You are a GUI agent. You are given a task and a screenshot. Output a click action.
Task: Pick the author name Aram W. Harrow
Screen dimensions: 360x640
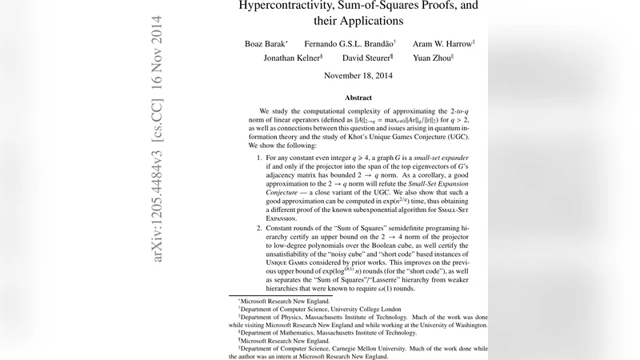[x=442, y=43]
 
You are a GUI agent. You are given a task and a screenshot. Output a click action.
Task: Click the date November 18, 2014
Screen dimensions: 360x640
[x=358, y=76]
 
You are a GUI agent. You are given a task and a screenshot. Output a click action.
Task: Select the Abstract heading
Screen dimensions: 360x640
[x=358, y=98]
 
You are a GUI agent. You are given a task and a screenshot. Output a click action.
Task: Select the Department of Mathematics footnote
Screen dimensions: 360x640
[x=311, y=332]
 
